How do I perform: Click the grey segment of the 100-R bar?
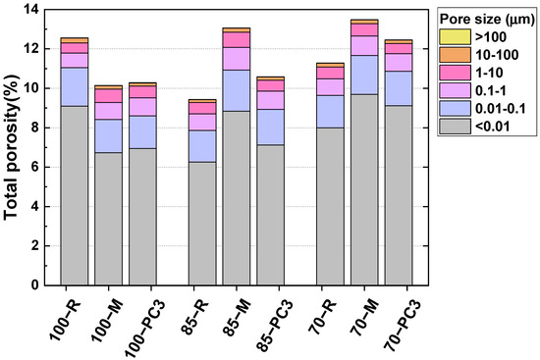pos(75,195)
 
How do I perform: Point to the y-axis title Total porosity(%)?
pos(18,147)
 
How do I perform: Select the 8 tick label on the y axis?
pos(35,128)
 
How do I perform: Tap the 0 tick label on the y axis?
pos(35,284)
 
